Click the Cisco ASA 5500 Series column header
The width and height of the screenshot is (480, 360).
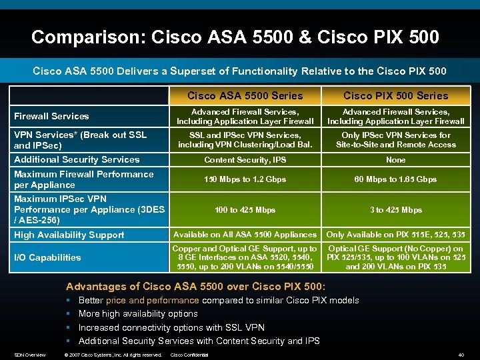[245, 95]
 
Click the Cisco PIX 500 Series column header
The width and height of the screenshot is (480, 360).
[396, 95]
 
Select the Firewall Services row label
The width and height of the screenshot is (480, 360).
[51, 116]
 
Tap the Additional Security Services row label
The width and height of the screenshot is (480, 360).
[77, 159]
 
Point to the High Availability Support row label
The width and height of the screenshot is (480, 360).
[69, 235]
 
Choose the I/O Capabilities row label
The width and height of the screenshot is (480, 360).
[47, 257]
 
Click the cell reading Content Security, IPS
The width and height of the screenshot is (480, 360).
[245, 160]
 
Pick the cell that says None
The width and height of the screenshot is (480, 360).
[396, 160]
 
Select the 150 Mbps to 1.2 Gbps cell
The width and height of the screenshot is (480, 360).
[245, 179]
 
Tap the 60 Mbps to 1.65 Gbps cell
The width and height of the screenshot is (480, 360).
[396, 179]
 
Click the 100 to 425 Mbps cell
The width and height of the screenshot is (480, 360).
[245, 210]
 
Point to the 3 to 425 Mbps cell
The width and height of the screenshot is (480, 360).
[396, 210]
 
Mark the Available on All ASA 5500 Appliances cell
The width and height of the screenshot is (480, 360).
[245, 235]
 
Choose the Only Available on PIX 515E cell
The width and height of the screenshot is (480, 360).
[396, 235]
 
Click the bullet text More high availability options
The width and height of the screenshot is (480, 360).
[138, 313]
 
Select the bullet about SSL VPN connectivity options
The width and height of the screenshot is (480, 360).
[171, 327]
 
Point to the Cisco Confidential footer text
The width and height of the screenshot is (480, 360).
[189, 355]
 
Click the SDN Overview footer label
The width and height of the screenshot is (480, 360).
[30, 355]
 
